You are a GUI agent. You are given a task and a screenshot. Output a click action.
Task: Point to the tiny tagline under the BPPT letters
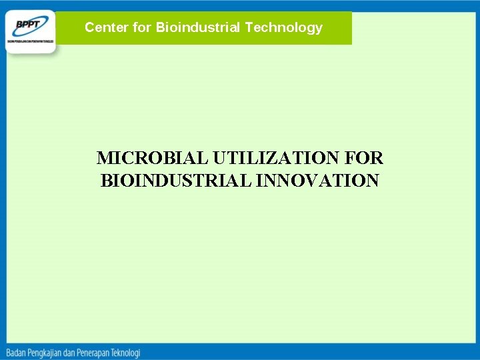coord(30,40)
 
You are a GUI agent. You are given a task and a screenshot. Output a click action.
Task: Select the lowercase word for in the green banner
coord(141,27)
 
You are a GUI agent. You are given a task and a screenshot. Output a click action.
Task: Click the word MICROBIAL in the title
coord(153,158)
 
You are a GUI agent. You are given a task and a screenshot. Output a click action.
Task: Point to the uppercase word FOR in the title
coord(365,158)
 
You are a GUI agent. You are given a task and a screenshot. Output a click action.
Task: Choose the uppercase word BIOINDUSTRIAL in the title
coord(176,181)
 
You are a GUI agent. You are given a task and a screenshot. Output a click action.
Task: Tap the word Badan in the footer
coord(19,352)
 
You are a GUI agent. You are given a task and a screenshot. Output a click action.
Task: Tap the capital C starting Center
coord(89,27)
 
